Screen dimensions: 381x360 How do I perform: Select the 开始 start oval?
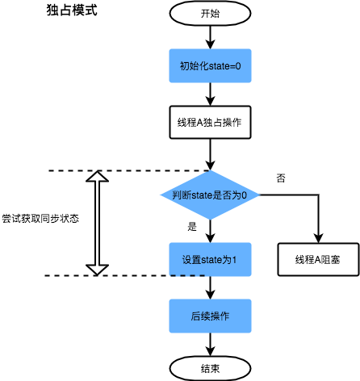coord(210,13)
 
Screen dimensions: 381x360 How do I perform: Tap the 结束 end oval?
coord(210,367)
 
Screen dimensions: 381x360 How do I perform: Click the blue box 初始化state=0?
coord(210,65)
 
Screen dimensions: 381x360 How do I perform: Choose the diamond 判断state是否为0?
coord(210,195)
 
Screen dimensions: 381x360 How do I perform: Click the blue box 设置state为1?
coord(210,260)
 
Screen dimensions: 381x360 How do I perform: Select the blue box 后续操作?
coord(210,316)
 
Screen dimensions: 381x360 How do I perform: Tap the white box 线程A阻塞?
coord(318,260)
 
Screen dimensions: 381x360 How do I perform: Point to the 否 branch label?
coord(281,178)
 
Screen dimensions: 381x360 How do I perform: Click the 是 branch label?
coord(192,227)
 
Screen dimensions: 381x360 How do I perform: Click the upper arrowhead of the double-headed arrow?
coord(97,178)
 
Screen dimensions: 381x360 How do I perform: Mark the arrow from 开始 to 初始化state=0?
coord(210,36)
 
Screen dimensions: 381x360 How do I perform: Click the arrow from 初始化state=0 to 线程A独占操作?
coord(210,94)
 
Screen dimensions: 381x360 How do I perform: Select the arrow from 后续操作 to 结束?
coord(210,344)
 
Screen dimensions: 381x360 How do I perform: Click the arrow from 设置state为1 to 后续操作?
coord(210,288)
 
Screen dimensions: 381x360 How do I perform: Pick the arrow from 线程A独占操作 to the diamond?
coord(210,155)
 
